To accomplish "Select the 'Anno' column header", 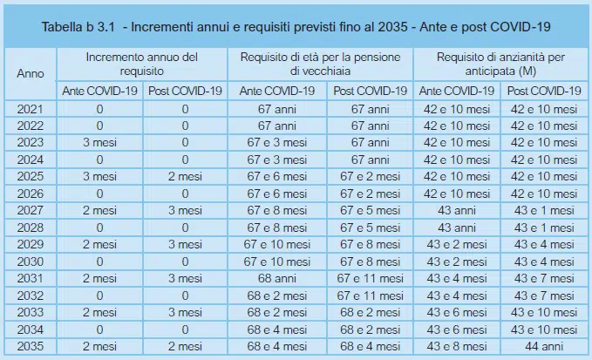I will click(x=31, y=73).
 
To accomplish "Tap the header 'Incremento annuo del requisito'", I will click(x=142, y=64).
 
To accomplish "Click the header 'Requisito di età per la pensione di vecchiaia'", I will click(x=321, y=64).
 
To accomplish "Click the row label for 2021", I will click(x=31, y=109).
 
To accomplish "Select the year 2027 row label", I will click(x=31, y=210).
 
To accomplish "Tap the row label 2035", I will click(x=31, y=345).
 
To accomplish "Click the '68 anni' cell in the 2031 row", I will click(x=277, y=278).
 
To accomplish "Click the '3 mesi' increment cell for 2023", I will click(x=100, y=143).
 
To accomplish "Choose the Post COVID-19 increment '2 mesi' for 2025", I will click(x=185, y=176).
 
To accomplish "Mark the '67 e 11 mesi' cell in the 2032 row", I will click(x=370, y=295).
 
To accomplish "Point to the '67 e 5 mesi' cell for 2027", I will click(x=370, y=210).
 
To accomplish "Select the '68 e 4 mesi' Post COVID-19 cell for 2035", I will click(x=370, y=345).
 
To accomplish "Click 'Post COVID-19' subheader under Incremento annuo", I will click(x=185, y=91).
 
